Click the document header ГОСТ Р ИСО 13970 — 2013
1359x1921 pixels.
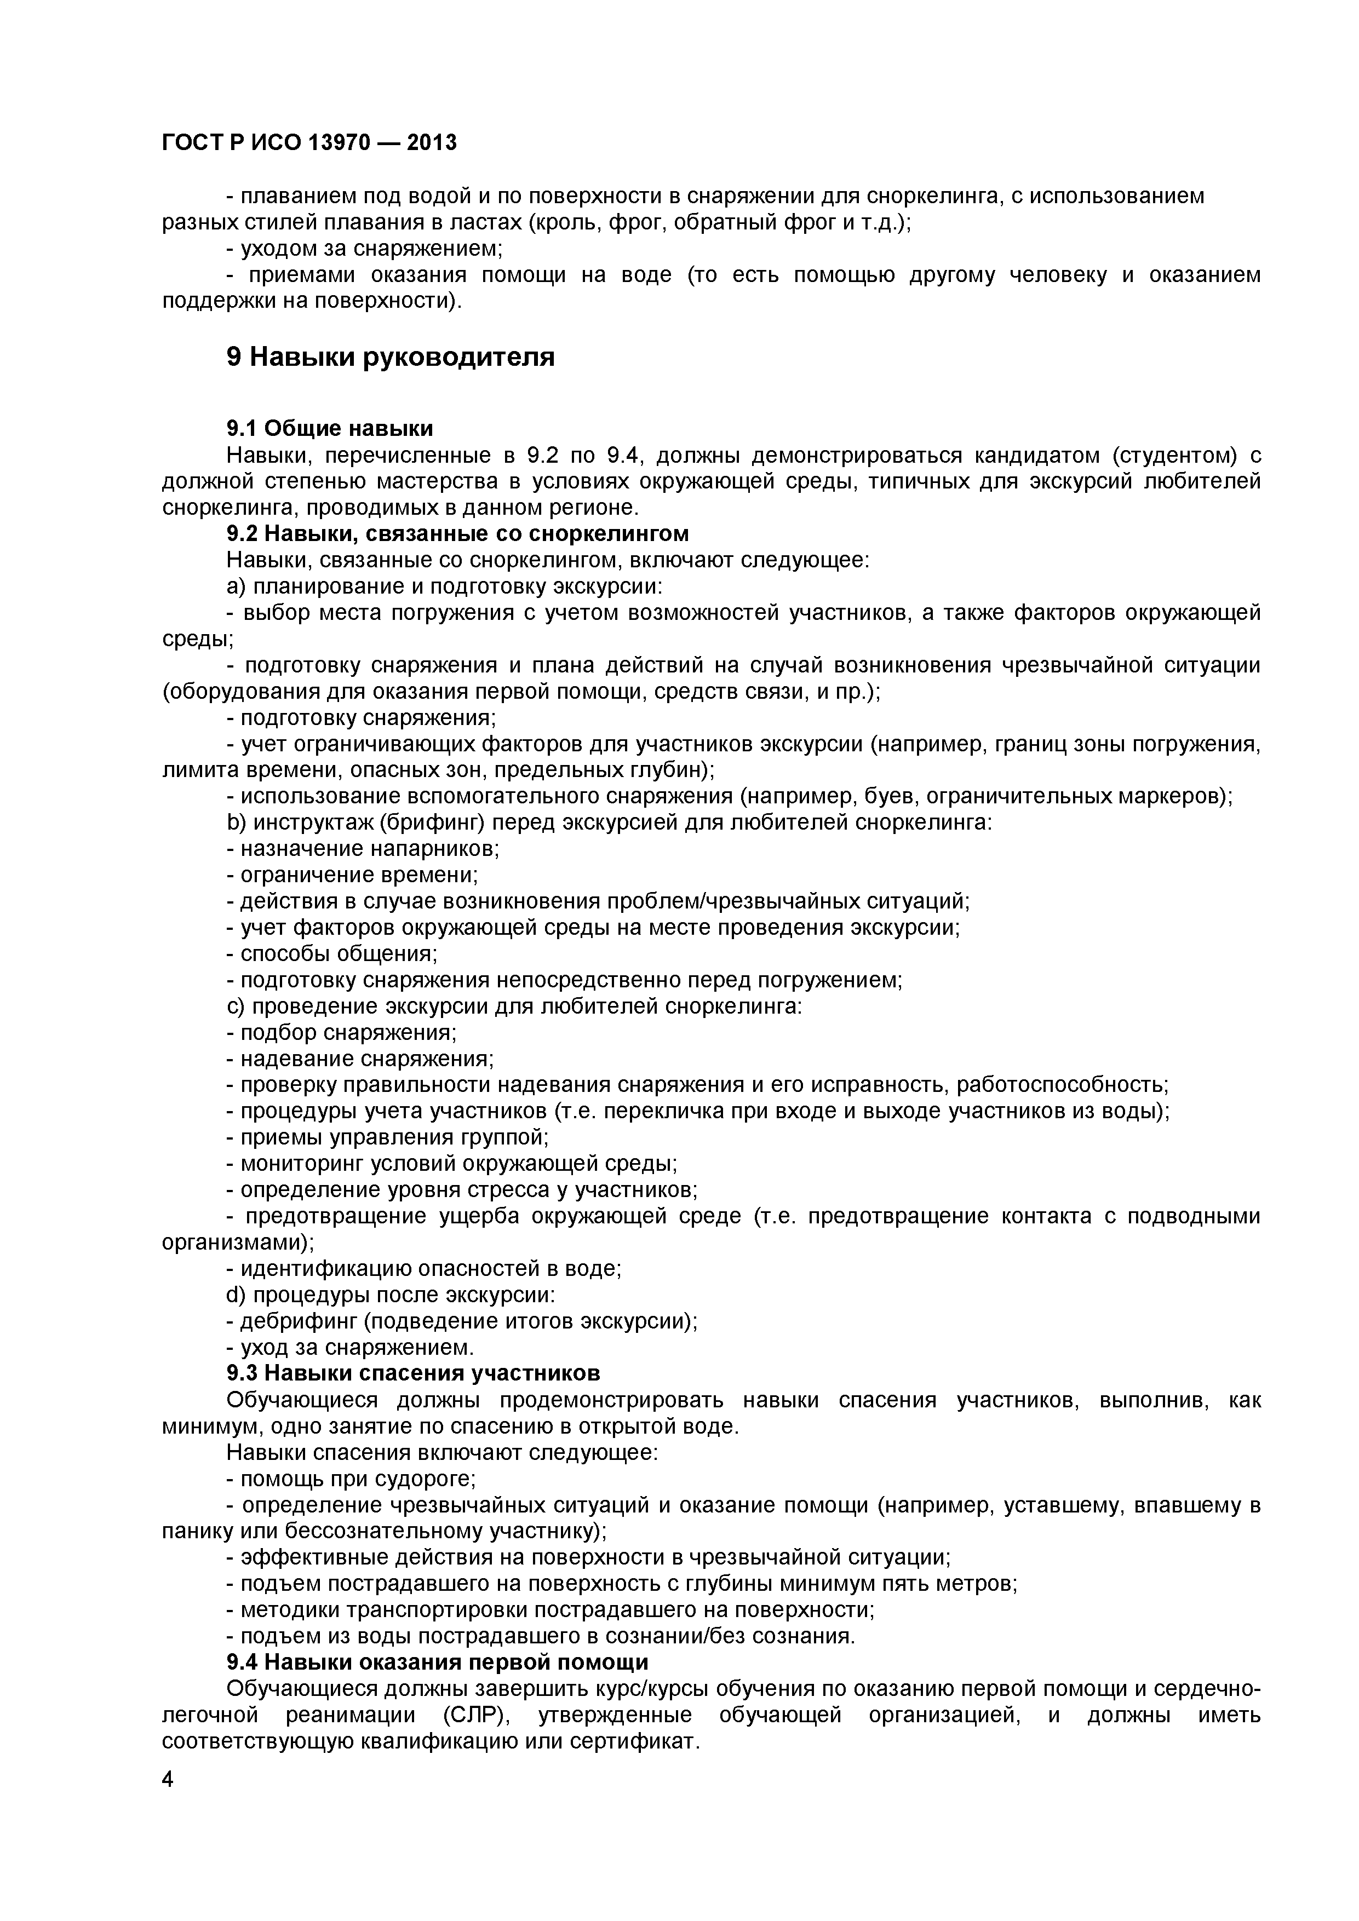(x=309, y=143)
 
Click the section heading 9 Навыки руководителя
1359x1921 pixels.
(x=390, y=357)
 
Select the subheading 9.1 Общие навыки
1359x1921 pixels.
(x=330, y=429)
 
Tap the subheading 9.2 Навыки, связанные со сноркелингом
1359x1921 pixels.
(x=458, y=534)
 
